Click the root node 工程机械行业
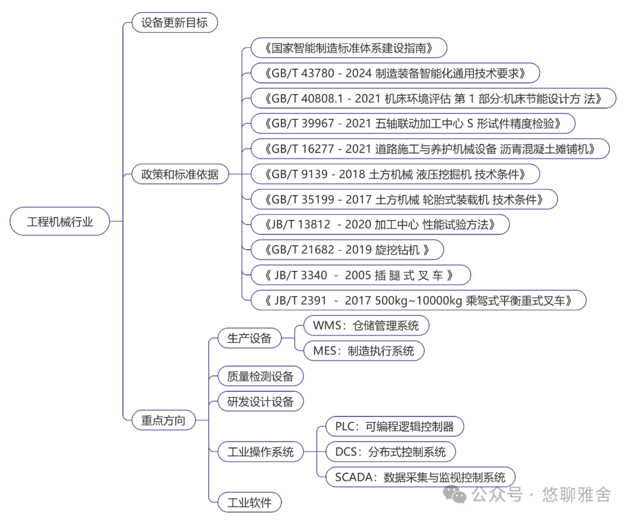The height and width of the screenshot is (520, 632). pyautogui.click(x=60, y=222)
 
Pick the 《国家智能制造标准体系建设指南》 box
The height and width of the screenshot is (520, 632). pyautogui.click(x=349, y=48)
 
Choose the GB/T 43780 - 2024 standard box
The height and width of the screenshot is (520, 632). pyautogui.click(x=394, y=73)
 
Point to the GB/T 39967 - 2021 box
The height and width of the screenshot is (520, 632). pyautogui.click(x=413, y=123)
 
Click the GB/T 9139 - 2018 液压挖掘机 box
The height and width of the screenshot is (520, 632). pyautogui.click(x=394, y=174)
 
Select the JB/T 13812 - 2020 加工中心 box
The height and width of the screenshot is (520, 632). pyautogui.click(x=380, y=224)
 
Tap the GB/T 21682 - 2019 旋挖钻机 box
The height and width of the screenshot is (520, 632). pyautogui.click(x=346, y=250)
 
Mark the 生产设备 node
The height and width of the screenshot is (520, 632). pyautogui.click(x=249, y=338)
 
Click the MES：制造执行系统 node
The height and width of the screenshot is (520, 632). pyautogui.click(x=363, y=351)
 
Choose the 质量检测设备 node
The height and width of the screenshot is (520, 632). pyautogui.click(x=260, y=376)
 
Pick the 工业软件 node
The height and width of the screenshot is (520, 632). pyautogui.click(x=249, y=502)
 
